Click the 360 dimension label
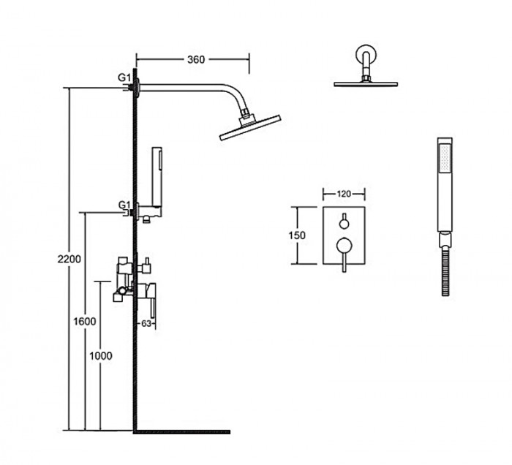click(x=196, y=60)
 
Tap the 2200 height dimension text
click(x=69, y=259)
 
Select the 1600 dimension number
click(x=85, y=322)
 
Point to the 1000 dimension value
click(x=101, y=355)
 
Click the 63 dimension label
click(x=146, y=323)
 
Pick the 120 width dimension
click(x=344, y=194)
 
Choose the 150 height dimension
click(x=297, y=235)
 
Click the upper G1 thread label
click(x=124, y=77)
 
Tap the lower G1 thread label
click(x=124, y=205)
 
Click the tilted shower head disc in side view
click(x=250, y=127)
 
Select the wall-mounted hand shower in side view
click(x=157, y=177)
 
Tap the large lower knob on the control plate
click(x=344, y=246)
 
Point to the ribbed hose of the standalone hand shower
click(x=445, y=271)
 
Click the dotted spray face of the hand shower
click(x=445, y=159)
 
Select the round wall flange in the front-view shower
click(x=366, y=54)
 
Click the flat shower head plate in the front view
click(x=366, y=84)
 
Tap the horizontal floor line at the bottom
click(x=182, y=432)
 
